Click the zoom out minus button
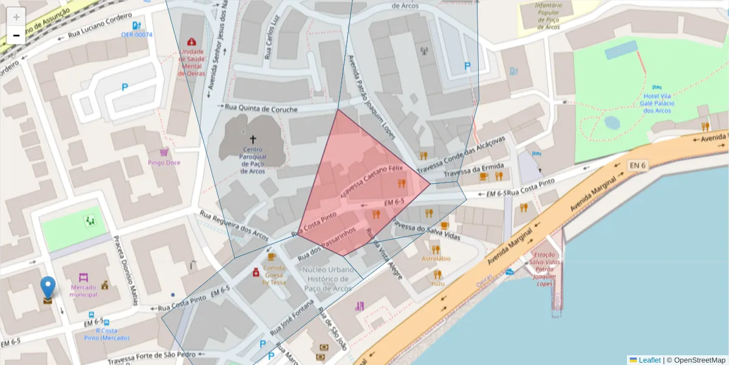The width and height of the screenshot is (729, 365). (16, 35)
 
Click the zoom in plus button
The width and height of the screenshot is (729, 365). (16, 17)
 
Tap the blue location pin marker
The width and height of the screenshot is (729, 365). (47, 288)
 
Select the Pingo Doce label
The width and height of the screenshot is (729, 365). (164, 162)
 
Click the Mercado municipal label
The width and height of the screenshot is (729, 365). (84, 291)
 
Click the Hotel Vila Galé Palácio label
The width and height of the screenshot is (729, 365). (656, 103)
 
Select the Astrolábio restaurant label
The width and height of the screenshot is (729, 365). (436, 258)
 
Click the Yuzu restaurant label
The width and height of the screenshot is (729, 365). (437, 283)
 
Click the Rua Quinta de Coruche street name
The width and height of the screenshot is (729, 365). (261, 108)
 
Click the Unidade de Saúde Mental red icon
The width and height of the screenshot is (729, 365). (192, 42)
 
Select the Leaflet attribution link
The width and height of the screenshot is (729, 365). (649, 360)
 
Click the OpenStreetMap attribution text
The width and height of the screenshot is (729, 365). (699, 360)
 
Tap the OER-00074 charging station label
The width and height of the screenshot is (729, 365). (137, 35)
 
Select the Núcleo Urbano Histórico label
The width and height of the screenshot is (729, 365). (328, 278)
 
